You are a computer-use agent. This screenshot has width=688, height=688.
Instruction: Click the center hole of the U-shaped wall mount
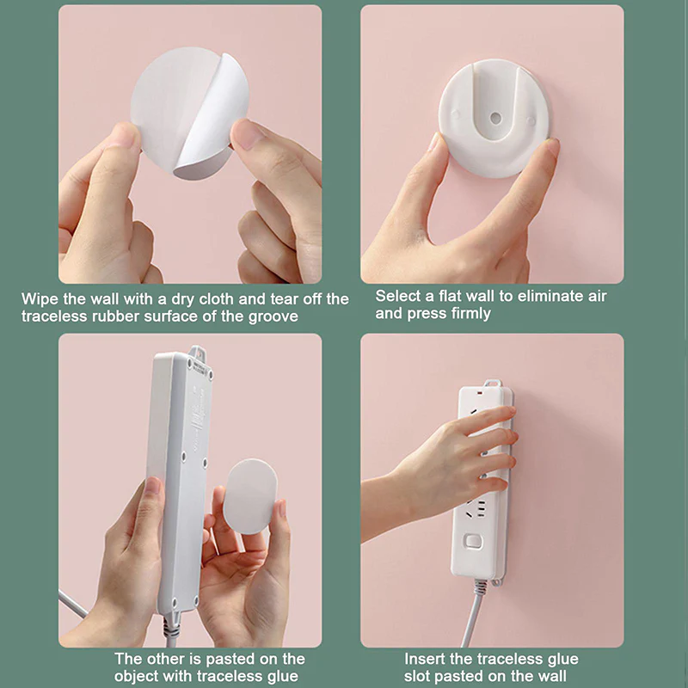(x=495, y=118)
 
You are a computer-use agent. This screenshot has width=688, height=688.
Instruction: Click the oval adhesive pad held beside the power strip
(x=250, y=496)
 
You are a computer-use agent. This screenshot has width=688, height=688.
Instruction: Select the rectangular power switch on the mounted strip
(x=473, y=541)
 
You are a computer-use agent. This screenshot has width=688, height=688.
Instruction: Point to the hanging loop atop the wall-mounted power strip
(x=492, y=383)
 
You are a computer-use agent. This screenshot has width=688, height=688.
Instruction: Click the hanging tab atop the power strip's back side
(x=197, y=353)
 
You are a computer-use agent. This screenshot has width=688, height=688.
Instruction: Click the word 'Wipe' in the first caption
(x=40, y=299)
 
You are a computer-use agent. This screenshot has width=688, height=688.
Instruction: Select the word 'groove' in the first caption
(x=273, y=316)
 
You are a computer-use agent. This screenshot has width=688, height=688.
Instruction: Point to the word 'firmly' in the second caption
(x=470, y=314)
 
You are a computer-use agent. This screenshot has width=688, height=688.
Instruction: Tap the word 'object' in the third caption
(x=137, y=676)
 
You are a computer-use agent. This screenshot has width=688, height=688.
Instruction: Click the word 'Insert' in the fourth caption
(x=425, y=659)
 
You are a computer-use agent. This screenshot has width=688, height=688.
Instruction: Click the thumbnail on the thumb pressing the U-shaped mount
(x=434, y=142)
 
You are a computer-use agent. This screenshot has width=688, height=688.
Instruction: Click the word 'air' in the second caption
(x=598, y=297)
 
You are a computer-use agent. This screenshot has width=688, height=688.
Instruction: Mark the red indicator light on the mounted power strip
(x=481, y=394)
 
